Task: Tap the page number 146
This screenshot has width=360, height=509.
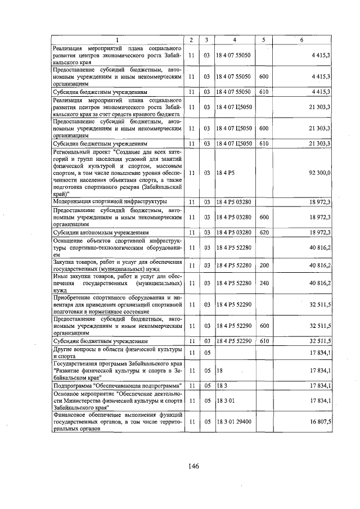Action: [194, 466]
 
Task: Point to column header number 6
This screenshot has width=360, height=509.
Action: [302, 40]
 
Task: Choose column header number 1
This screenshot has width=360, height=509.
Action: [117, 40]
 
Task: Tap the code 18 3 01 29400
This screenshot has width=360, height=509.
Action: [234, 421]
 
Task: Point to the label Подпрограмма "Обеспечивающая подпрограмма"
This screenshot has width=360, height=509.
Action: [116, 386]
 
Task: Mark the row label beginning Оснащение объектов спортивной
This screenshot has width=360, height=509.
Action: [116, 247]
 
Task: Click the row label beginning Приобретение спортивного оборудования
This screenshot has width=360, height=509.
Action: [116, 304]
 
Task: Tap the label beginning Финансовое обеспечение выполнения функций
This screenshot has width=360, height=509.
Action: [116, 421]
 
